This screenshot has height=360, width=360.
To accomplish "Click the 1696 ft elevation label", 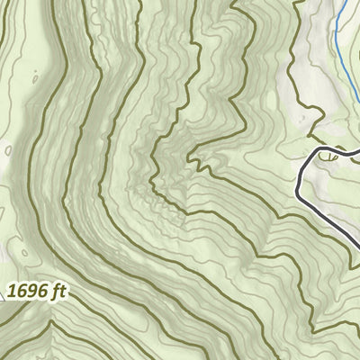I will pos(37,291).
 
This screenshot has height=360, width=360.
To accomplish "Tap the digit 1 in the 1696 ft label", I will pos(13,292).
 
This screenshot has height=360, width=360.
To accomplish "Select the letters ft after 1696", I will pos(58,291).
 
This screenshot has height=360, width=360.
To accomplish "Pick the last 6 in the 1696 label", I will pos(42,292).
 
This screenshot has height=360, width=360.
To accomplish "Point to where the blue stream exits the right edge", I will pos(358,81).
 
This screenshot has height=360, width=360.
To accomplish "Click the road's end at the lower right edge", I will pos(358,240).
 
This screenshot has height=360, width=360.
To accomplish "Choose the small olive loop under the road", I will pos(329,157).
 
